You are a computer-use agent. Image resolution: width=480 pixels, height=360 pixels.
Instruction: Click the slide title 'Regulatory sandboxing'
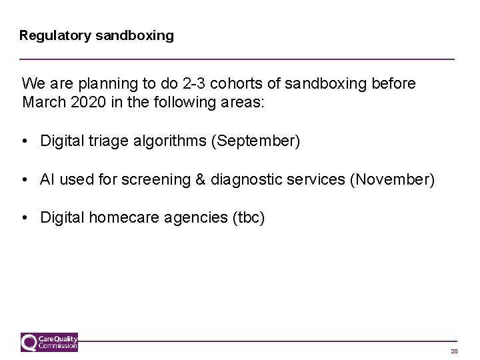click(97, 35)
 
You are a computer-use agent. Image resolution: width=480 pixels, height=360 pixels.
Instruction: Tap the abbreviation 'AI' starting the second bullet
click(48, 179)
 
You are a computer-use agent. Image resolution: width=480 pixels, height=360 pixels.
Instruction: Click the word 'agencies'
click(189, 217)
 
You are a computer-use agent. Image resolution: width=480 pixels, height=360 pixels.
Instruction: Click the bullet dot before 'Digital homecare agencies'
click(25, 217)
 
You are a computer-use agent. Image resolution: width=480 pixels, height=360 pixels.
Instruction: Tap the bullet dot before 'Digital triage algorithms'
click(25, 141)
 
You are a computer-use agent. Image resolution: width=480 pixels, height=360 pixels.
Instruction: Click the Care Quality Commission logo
click(50, 341)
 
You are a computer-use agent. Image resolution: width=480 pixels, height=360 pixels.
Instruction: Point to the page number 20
click(454, 351)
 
